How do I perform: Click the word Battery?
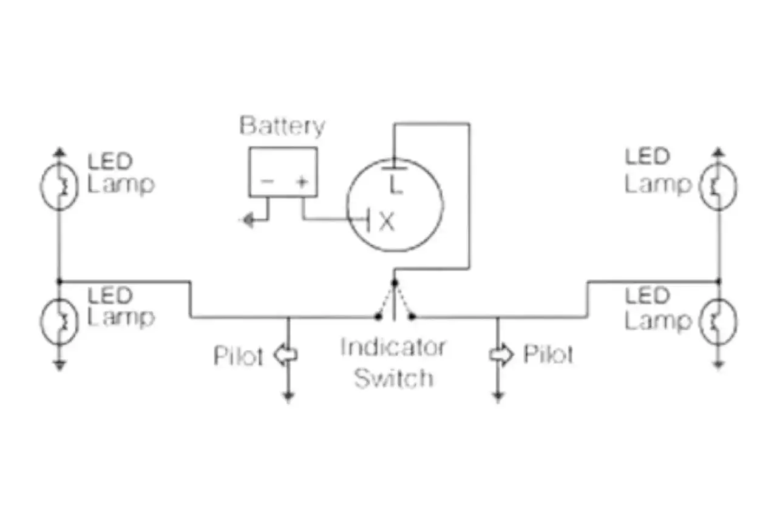pyautogui.click(x=282, y=127)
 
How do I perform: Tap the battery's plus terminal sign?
pyautogui.click(x=301, y=181)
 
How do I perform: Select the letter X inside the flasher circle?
pyautogui.click(x=387, y=223)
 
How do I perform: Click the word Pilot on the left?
pyautogui.click(x=239, y=356)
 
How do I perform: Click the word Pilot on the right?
pyautogui.click(x=548, y=354)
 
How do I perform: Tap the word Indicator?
pyautogui.click(x=393, y=348)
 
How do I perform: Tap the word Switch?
pyautogui.click(x=393, y=378)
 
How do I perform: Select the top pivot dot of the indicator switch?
pyautogui.click(x=394, y=282)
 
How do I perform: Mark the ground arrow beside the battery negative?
pyautogui.click(x=247, y=220)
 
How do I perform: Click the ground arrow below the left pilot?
pyautogui.click(x=288, y=398)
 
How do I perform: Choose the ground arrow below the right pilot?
pyautogui.click(x=498, y=398)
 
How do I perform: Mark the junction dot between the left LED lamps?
pyautogui.click(x=59, y=281)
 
